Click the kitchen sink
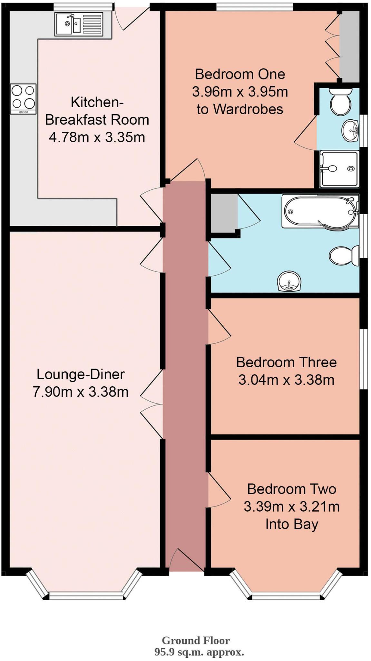[x=79, y=24]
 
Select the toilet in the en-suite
[x=340, y=101]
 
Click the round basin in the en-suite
[x=350, y=130]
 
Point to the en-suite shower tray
[x=339, y=169]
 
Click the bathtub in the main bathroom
[x=320, y=211]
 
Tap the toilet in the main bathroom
[x=344, y=256]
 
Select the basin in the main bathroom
[x=289, y=281]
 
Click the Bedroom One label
[x=240, y=75]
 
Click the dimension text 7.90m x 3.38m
[x=81, y=392]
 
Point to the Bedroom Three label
[x=286, y=362]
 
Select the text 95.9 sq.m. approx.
[x=199, y=652]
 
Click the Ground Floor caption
[x=196, y=640]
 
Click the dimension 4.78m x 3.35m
[x=97, y=137]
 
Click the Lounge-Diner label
[x=81, y=374]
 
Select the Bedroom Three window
[x=363, y=359]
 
